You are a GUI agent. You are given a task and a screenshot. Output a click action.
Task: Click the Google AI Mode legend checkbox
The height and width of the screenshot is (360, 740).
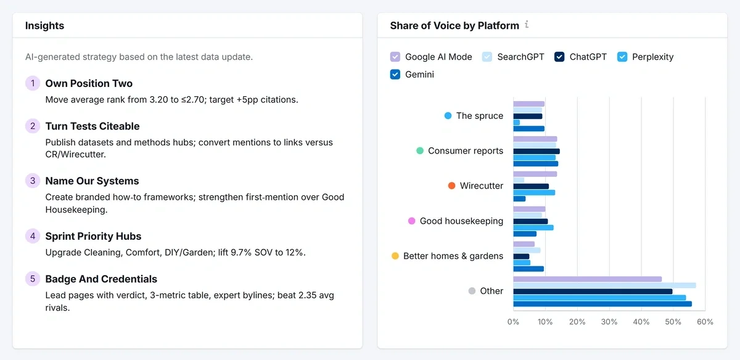[395, 57]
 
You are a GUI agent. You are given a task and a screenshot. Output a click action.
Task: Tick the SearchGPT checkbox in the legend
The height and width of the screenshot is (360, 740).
[487, 57]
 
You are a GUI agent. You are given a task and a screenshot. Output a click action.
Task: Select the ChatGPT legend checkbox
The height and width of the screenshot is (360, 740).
[559, 57]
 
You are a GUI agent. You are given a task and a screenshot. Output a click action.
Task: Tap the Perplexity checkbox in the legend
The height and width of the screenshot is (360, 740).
[622, 57]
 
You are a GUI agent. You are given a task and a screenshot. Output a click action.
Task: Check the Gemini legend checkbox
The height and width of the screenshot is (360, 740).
[395, 75]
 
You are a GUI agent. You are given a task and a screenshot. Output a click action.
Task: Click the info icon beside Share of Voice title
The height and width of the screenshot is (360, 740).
[527, 25]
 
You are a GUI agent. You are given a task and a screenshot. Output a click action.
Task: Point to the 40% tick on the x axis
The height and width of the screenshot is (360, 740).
[641, 322]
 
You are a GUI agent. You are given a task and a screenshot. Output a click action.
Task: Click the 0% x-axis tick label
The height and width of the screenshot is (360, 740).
[513, 322]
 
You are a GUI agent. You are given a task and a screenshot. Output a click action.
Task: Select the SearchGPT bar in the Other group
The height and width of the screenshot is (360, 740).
[604, 285]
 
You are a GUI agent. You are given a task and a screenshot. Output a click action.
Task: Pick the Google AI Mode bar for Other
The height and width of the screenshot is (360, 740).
[587, 279]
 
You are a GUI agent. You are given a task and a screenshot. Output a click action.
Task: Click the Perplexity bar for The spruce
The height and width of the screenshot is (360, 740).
[517, 123]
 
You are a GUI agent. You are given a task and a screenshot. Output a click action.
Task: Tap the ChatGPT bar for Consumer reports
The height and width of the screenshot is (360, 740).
[536, 151]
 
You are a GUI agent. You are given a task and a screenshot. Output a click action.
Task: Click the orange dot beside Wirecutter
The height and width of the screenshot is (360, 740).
[451, 186]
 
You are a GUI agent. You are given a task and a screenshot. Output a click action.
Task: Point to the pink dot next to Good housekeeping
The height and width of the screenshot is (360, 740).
[412, 221]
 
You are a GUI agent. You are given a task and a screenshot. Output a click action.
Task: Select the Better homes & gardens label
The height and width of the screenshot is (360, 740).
[453, 256]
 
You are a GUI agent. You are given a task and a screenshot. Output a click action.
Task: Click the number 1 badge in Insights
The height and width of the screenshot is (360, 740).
[32, 83]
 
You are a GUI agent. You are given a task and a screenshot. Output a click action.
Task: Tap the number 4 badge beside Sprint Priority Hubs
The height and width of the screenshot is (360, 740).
[32, 236]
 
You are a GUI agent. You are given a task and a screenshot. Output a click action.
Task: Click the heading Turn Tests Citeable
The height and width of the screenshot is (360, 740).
[92, 126]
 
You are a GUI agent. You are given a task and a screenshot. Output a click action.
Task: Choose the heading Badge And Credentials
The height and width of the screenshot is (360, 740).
[101, 279]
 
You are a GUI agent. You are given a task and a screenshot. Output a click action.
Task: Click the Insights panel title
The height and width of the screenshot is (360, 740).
[44, 26]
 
